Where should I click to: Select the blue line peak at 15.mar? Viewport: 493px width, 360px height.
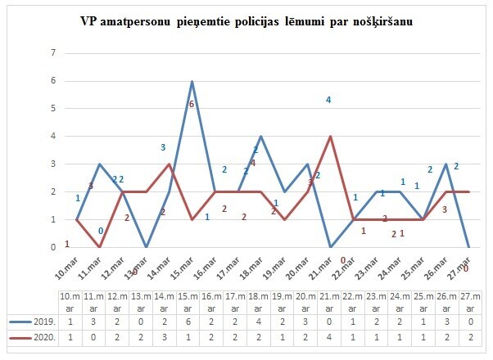pyautogui.click(x=192, y=82)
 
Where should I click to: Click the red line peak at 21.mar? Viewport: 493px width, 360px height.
pyautogui.click(x=330, y=137)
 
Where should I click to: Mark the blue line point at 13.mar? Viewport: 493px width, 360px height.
pyautogui.click(x=146, y=246)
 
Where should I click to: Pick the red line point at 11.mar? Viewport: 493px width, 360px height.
pyautogui.click(x=100, y=246)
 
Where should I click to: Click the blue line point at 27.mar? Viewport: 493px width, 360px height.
pyautogui.click(x=468, y=246)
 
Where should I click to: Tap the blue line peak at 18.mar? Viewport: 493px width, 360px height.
pyautogui.click(x=261, y=137)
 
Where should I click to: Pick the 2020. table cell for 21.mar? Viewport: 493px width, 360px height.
pyautogui.click(x=328, y=336)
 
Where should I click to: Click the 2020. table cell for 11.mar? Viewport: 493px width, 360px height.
pyautogui.click(x=93, y=336)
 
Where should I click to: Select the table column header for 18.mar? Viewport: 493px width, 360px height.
pyautogui.click(x=258, y=300)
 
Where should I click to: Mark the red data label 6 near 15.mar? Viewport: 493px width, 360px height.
pyautogui.click(x=191, y=105)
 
